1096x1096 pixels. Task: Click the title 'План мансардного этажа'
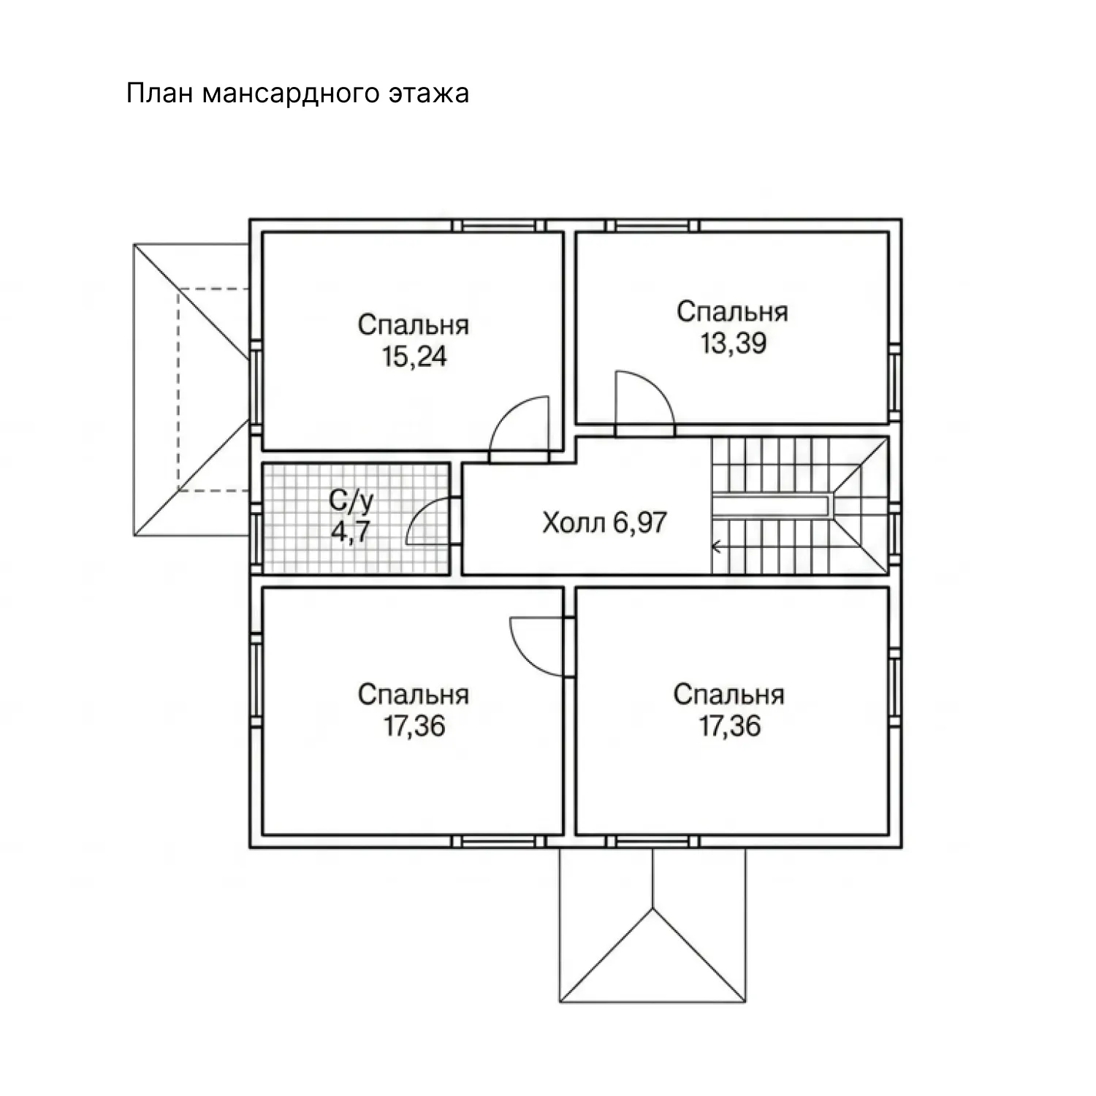pos(297,94)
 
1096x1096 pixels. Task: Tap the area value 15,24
pos(414,357)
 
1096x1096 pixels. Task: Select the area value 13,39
pos(733,343)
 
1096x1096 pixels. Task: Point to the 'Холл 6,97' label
pos(604,523)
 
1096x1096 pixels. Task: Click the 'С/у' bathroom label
pos(351,501)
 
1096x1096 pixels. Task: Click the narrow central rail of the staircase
pos(772,505)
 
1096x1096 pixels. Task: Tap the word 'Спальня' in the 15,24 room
pos(413,325)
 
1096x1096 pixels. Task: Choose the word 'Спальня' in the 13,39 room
pos(732,312)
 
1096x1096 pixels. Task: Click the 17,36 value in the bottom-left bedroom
pos(414,726)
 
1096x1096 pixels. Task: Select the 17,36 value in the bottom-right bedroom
pos(729,726)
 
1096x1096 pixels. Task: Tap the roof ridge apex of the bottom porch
pos(652,907)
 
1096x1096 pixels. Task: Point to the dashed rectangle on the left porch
pos(177,389)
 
